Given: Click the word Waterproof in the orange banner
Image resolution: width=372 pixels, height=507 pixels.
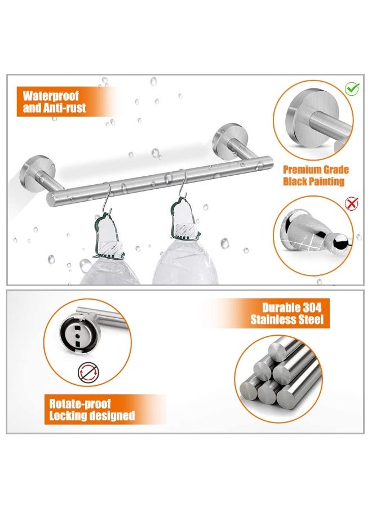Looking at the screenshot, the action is pyautogui.click(x=51, y=96).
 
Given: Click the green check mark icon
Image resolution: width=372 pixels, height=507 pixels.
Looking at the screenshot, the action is pyautogui.click(x=352, y=88).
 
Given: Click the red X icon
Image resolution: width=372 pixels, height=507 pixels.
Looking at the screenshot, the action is pyautogui.click(x=351, y=203).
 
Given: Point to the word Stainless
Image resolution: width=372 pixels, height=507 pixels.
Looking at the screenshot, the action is pyautogui.click(x=270, y=319).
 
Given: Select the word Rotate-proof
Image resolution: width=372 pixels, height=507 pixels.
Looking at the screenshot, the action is pyautogui.click(x=79, y=403).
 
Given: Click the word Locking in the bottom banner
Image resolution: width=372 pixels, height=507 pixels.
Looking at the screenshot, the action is pyautogui.click(x=68, y=416).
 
